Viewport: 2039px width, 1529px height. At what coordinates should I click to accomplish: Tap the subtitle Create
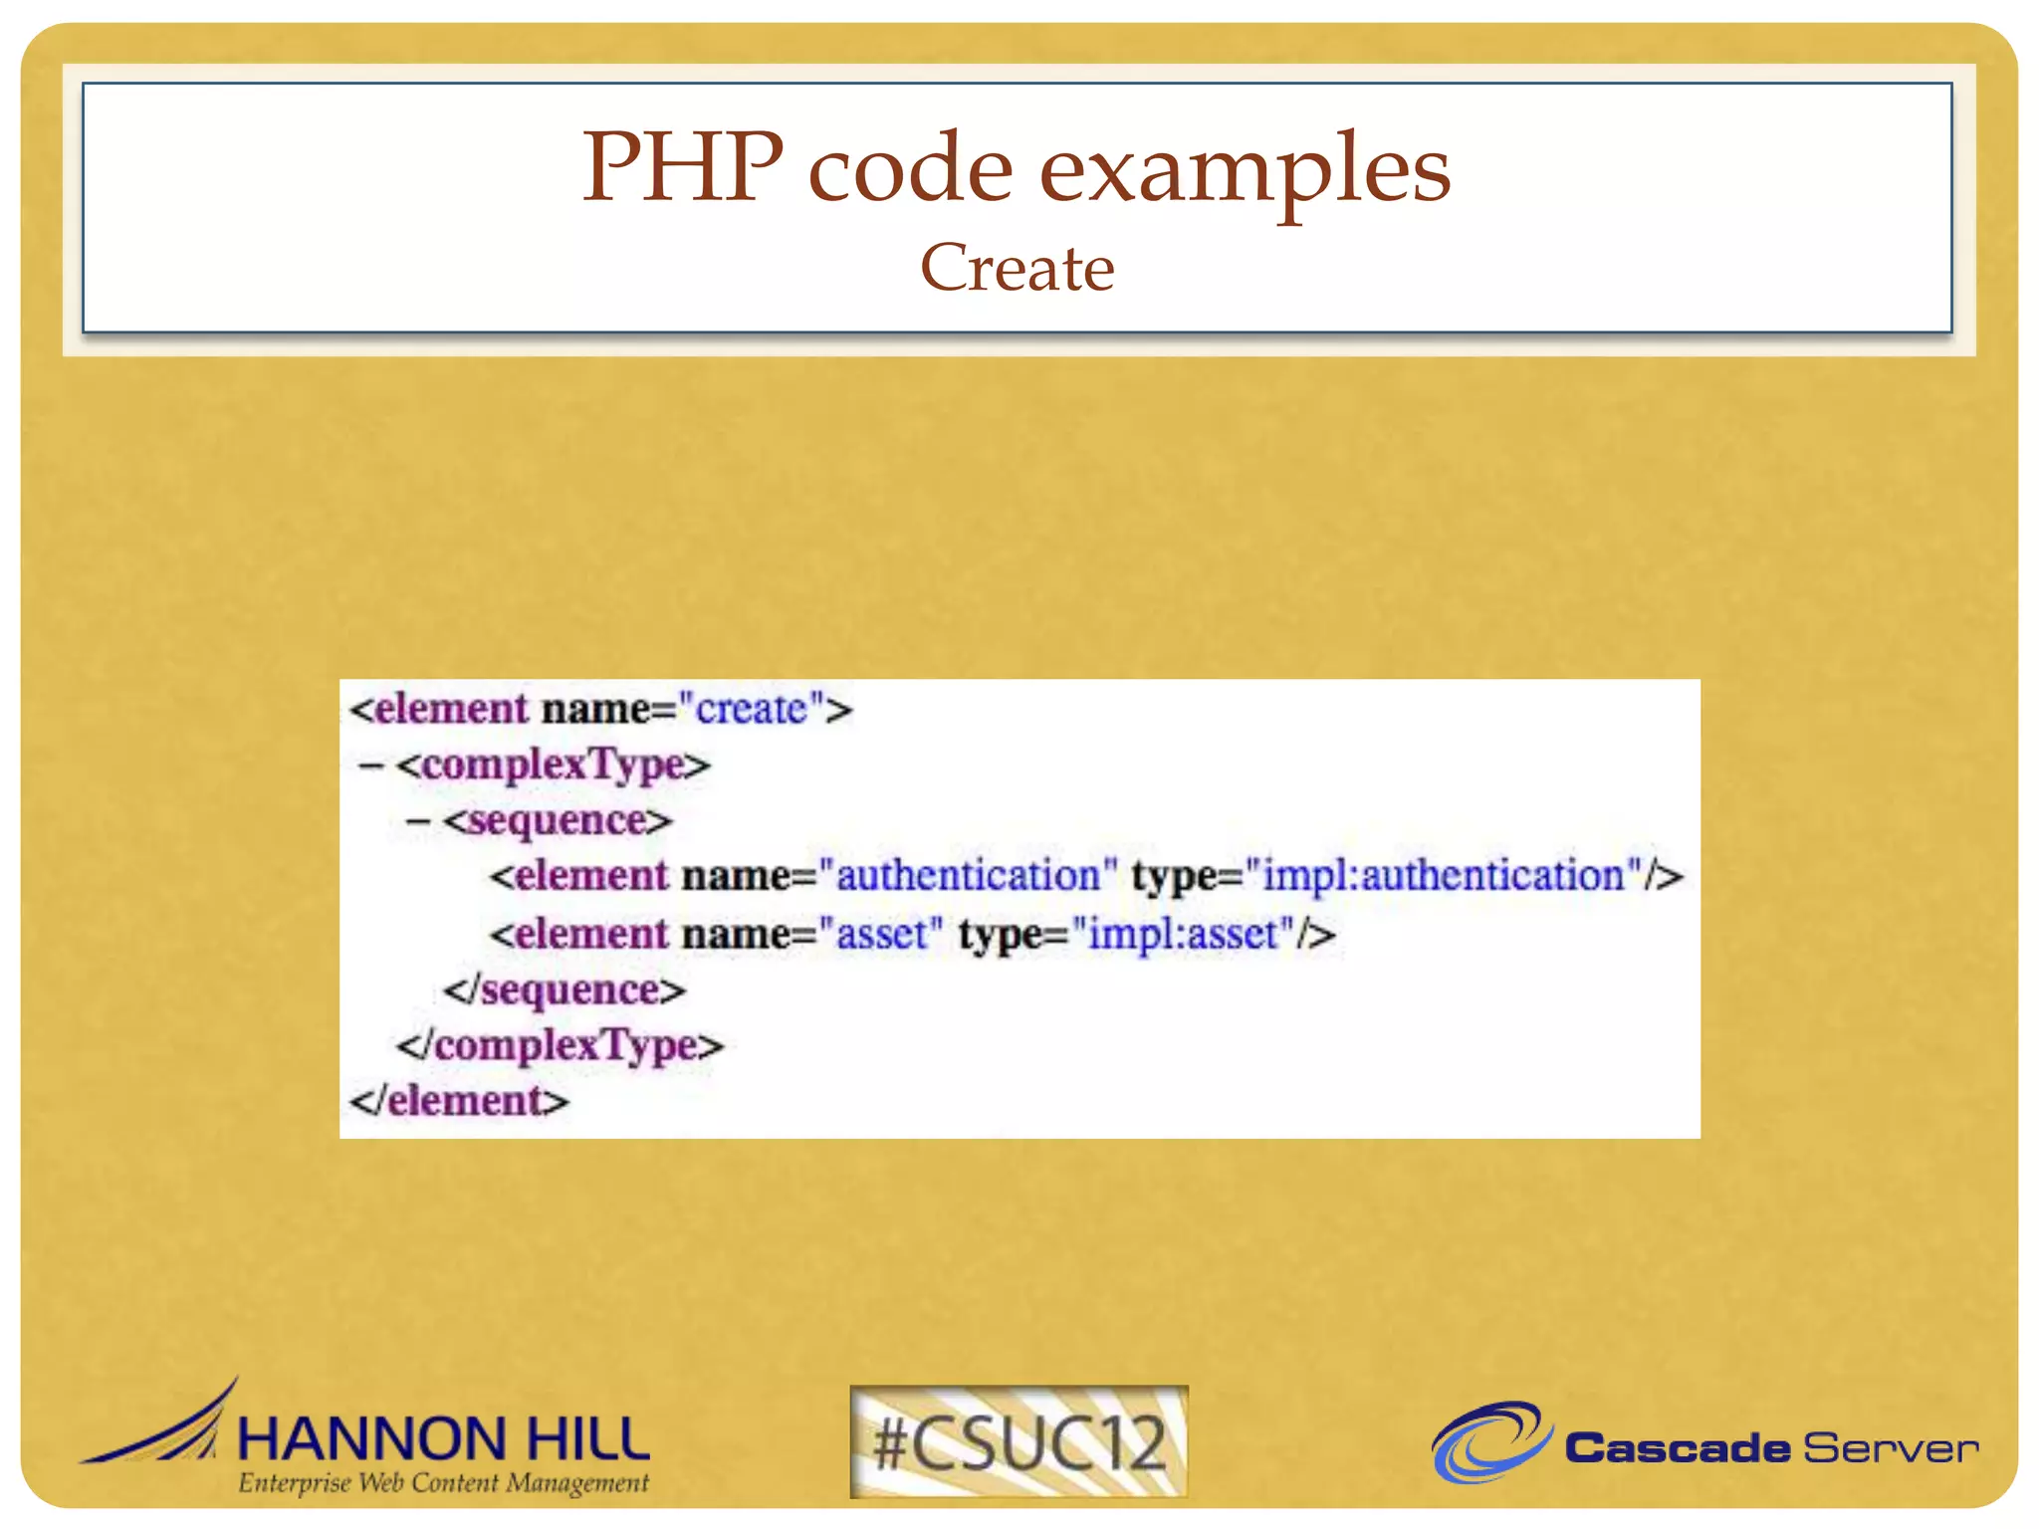[1017, 268]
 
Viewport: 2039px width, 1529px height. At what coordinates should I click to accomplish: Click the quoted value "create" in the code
[751, 710]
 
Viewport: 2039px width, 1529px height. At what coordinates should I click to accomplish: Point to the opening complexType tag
[554, 765]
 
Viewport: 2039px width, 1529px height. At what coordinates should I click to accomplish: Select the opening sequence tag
[559, 821]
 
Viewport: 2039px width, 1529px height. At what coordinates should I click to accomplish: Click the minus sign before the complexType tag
[370, 765]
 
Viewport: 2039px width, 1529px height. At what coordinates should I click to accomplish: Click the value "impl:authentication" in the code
[1443, 876]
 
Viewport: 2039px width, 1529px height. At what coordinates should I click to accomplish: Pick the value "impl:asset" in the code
[1183, 935]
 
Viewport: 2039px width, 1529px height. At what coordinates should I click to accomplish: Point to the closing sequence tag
[565, 990]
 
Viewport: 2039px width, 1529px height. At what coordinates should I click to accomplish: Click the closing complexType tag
[560, 1045]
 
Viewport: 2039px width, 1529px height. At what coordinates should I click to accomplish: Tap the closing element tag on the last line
[459, 1101]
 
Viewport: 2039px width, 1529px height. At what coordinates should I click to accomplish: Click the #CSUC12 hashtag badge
[1019, 1440]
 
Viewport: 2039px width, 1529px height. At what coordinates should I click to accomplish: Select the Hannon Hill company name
[443, 1439]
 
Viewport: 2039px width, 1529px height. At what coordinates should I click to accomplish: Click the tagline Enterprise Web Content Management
[443, 1483]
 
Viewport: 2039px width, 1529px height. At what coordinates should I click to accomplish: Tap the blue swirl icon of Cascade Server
[1489, 1440]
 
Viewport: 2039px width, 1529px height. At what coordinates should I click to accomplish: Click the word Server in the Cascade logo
[1890, 1448]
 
